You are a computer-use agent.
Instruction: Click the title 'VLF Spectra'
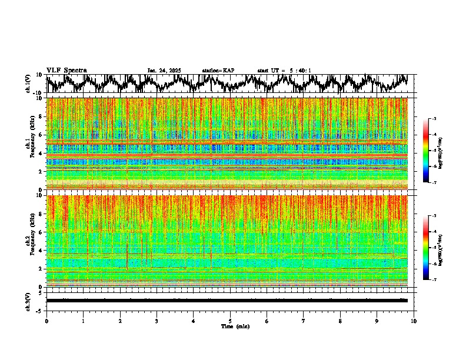pos(66,71)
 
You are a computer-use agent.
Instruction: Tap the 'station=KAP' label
pos(218,71)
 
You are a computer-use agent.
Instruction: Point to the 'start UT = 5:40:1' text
pos(284,71)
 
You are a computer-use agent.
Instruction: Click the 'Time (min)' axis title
pos(230,326)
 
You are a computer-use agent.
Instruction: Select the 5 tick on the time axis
pos(230,321)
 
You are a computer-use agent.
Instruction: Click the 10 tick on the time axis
pos(414,321)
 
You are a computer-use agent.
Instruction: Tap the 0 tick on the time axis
pos(46,321)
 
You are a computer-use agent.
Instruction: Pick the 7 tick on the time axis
pos(304,321)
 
